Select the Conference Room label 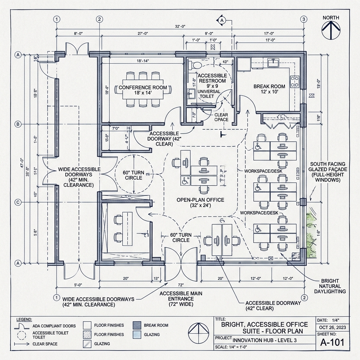point(142,87)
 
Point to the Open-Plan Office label point(200,200)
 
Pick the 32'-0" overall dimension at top point(182,26)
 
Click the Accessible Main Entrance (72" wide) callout point(181,299)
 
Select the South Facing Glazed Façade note point(328,172)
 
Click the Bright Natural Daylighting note point(333,286)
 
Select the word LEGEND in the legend point(24,320)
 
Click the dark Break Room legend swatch point(137,325)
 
